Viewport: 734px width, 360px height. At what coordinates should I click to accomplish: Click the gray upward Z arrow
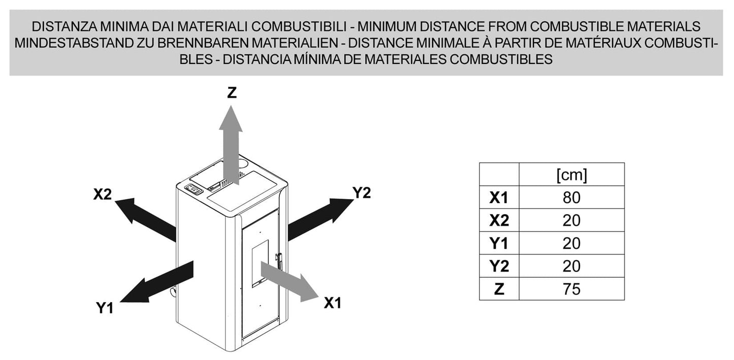click(x=231, y=145)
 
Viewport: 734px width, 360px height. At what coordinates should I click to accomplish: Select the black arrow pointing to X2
click(x=145, y=220)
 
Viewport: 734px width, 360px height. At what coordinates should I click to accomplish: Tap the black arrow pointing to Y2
click(x=321, y=220)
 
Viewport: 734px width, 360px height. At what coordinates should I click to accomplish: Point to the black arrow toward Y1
click(x=157, y=282)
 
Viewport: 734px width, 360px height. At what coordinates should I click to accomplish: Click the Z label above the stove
click(x=232, y=93)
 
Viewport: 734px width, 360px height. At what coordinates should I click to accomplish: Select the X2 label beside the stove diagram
click(x=103, y=194)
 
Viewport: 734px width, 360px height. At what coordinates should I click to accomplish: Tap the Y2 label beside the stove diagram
click(x=362, y=192)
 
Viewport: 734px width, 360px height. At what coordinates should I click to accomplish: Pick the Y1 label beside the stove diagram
click(x=105, y=308)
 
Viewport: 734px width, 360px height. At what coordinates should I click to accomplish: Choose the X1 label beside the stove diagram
click(x=333, y=303)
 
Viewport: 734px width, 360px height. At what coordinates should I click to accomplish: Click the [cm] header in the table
click(x=572, y=175)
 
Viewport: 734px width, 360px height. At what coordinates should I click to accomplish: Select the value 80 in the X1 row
click(x=572, y=198)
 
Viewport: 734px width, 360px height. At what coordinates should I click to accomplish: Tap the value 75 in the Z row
click(x=572, y=289)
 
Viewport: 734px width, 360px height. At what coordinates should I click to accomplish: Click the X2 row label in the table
click(x=499, y=220)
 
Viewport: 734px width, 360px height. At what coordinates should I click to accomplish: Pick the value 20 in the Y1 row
click(x=572, y=243)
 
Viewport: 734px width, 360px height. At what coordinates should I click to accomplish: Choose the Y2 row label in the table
click(x=499, y=266)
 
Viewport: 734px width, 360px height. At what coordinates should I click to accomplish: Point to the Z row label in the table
click(x=499, y=289)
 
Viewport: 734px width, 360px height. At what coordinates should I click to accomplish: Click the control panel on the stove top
click(x=194, y=189)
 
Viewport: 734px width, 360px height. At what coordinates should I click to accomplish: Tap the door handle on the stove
click(x=279, y=261)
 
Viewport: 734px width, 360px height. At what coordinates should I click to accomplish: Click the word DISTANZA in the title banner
click(x=64, y=26)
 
